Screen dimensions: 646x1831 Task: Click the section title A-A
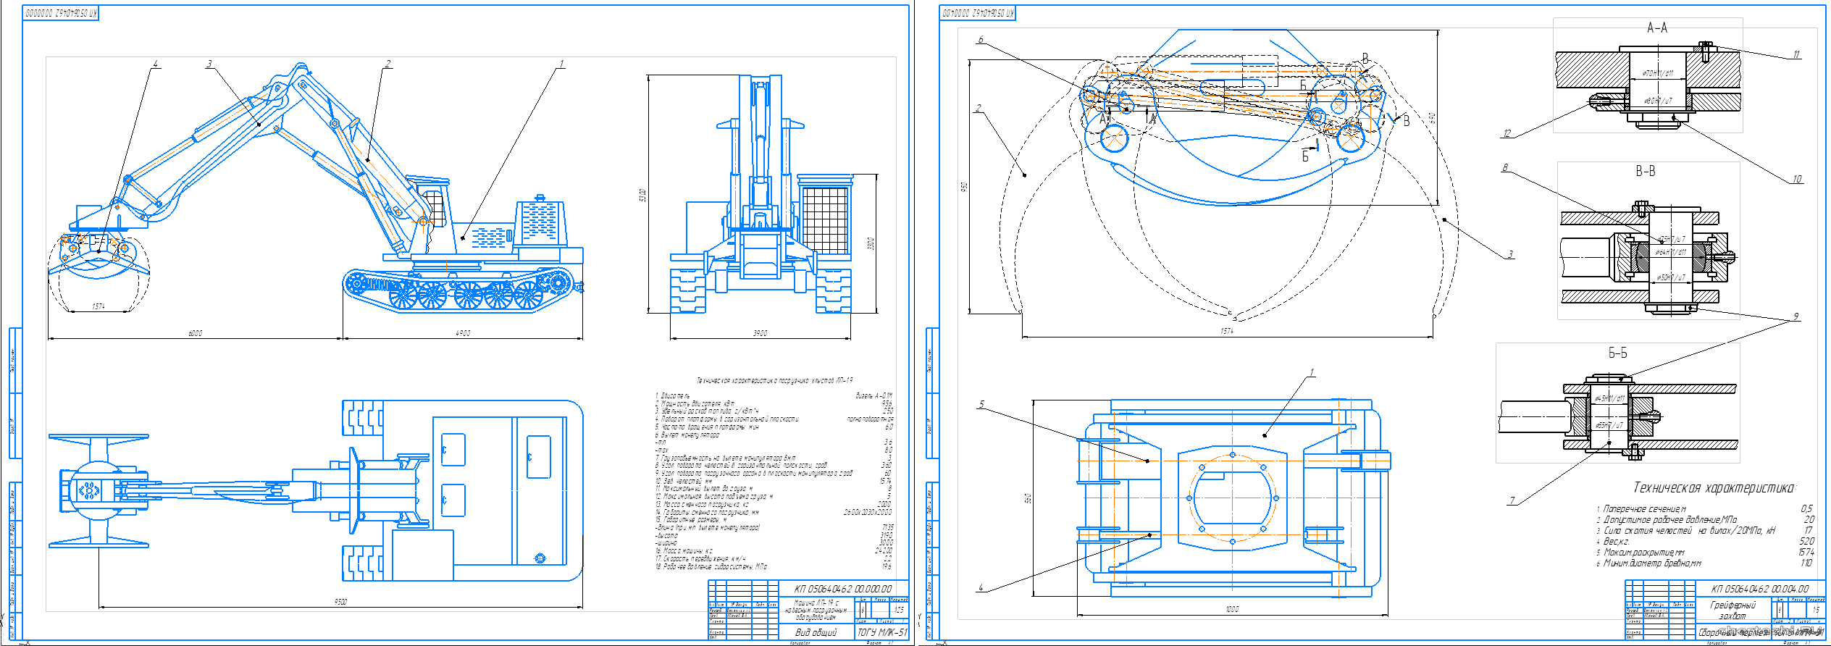(x=1657, y=28)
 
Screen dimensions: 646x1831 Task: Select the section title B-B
(x=1645, y=172)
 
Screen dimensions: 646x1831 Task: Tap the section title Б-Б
(x=1617, y=353)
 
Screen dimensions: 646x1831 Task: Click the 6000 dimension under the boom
(x=196, y=333)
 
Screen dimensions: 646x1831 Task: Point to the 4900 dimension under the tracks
(x=463, y=333)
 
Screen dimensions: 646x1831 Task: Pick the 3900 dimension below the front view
(x=760, y=333)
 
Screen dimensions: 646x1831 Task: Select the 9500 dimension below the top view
(x=340, y=602)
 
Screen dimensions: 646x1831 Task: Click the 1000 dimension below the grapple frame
(x=1232, y=609)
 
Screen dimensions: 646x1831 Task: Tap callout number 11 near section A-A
(x=1796, y=54)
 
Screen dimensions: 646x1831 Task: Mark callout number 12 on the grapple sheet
(x=1507, y=133)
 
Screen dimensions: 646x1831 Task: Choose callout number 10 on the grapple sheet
(x=1797, y=179)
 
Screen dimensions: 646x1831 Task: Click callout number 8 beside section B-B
(x=1505, y=167)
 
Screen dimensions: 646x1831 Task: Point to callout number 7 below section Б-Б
(x=1512, y=500)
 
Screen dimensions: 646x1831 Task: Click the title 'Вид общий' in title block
(x=816, y=632)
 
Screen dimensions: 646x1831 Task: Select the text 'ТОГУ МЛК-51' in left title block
(x=881, y=632)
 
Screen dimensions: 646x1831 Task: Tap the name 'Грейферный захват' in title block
(x=1732, y=610)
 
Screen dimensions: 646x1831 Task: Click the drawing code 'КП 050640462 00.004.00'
(x=1759, y=589)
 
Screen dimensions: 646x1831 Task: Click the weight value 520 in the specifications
(x=1806, y=541)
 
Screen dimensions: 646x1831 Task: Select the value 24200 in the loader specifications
(x=884, y=550)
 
